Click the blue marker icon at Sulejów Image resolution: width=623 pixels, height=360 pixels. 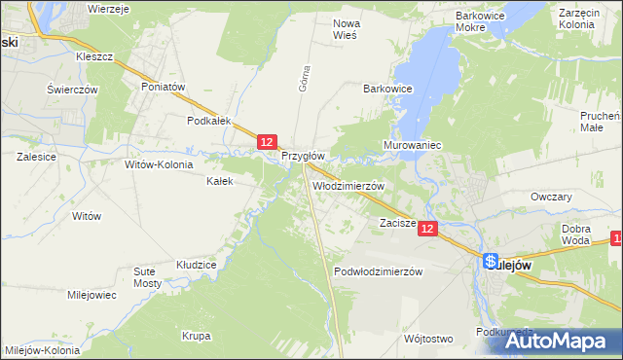coord(491,263)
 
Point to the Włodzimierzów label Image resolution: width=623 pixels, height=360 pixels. coord(348,185)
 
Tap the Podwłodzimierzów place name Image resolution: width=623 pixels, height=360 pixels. coord(378,271)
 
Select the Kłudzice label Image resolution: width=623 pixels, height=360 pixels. coord(195,264)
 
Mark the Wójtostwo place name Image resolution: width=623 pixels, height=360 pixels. coord(427,339)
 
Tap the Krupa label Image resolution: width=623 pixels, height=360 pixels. coord(196,336)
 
